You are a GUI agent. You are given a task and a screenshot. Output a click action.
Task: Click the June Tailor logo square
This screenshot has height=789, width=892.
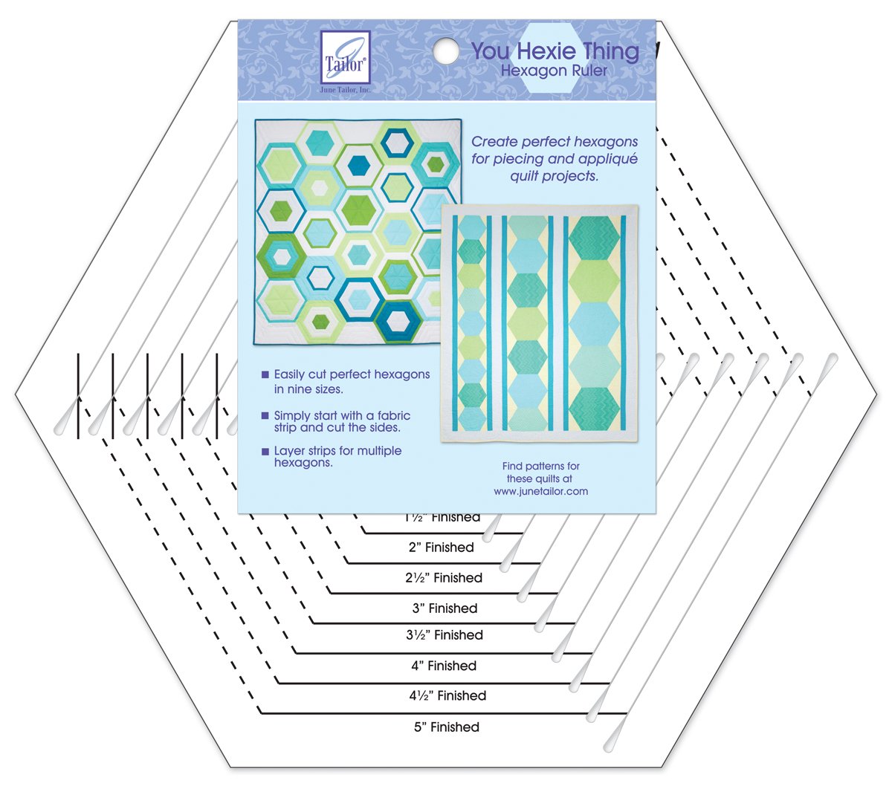344,56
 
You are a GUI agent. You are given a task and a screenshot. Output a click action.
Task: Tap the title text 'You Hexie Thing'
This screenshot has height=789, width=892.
555,51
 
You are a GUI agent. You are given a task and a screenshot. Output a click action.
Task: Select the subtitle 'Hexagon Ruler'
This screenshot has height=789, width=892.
554,71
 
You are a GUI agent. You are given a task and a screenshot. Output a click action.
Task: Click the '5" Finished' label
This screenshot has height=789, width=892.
446,727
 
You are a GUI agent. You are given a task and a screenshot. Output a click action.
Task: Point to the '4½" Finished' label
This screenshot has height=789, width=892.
447,695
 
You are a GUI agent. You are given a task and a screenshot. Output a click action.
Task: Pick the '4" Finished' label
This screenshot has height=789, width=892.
444,666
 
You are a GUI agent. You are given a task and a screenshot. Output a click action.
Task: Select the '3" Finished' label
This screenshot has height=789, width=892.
445,608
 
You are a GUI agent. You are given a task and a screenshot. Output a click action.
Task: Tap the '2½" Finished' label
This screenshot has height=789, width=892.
444,577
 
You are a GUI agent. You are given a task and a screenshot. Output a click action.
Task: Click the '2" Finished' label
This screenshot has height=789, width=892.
441,547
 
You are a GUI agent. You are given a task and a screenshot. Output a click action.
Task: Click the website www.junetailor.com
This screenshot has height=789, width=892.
540,491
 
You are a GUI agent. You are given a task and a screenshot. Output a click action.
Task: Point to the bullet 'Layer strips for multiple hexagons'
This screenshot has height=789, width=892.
337,456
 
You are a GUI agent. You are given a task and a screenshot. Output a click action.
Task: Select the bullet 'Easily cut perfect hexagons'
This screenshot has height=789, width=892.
351,381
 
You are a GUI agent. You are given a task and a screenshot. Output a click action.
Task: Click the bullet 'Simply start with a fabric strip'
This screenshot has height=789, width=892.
341,421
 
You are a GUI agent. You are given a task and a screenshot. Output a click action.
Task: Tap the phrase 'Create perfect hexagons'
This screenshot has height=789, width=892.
555,141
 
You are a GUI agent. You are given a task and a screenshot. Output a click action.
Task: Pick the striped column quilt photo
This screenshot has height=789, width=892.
539,323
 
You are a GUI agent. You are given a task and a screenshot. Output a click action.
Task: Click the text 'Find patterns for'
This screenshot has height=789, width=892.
540,466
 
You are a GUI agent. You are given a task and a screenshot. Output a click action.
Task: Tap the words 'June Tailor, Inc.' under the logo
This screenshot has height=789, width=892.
344,89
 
